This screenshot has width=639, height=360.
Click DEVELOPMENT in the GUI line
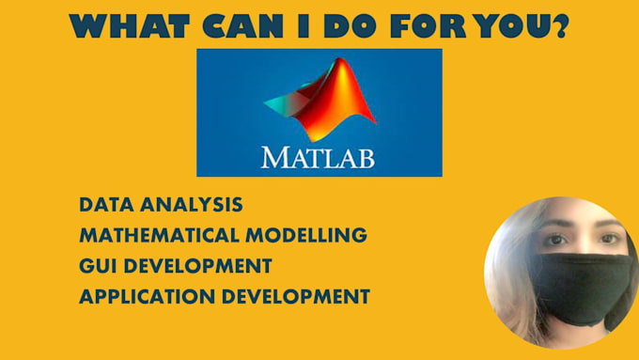200,265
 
